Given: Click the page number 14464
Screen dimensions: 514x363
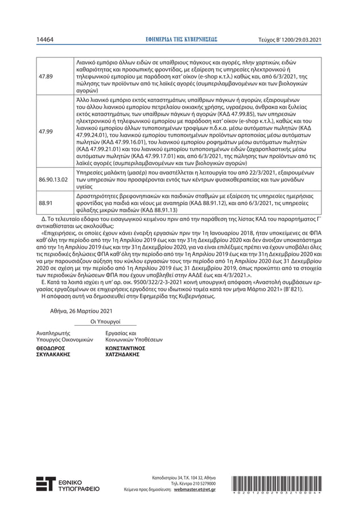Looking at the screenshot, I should pyautogui.click(x=45, y=39).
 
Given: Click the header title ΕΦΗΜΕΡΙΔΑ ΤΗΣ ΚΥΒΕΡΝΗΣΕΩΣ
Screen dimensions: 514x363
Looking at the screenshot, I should pyautogui.click(x=182, y=39).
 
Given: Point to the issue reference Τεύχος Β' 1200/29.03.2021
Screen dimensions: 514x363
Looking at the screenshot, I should pyautogui.click(x=290, y=39).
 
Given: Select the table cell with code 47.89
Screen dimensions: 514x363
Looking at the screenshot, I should pyautogui.click(x=46, y=76).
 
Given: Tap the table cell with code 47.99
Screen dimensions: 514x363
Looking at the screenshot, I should pyautogui.click(x=46, y=131).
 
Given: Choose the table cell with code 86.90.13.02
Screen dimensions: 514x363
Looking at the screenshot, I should pyautogui.click(x=53, y=179).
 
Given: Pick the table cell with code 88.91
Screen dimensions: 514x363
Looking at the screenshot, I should pyautogui.click(x=46, y=202).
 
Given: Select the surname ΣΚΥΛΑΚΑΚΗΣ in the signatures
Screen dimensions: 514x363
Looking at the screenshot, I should pyautogui.click(x=53, y=353).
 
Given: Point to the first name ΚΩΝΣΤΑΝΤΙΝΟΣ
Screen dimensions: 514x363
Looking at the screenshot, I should pyautogui.click(x=126, y=347).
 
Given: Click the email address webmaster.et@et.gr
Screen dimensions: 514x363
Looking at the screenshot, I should pyautogui.click(x=195, y=489).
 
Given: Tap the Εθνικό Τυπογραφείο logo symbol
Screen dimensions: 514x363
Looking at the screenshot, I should pyautogui.click(x=46, y=483).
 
